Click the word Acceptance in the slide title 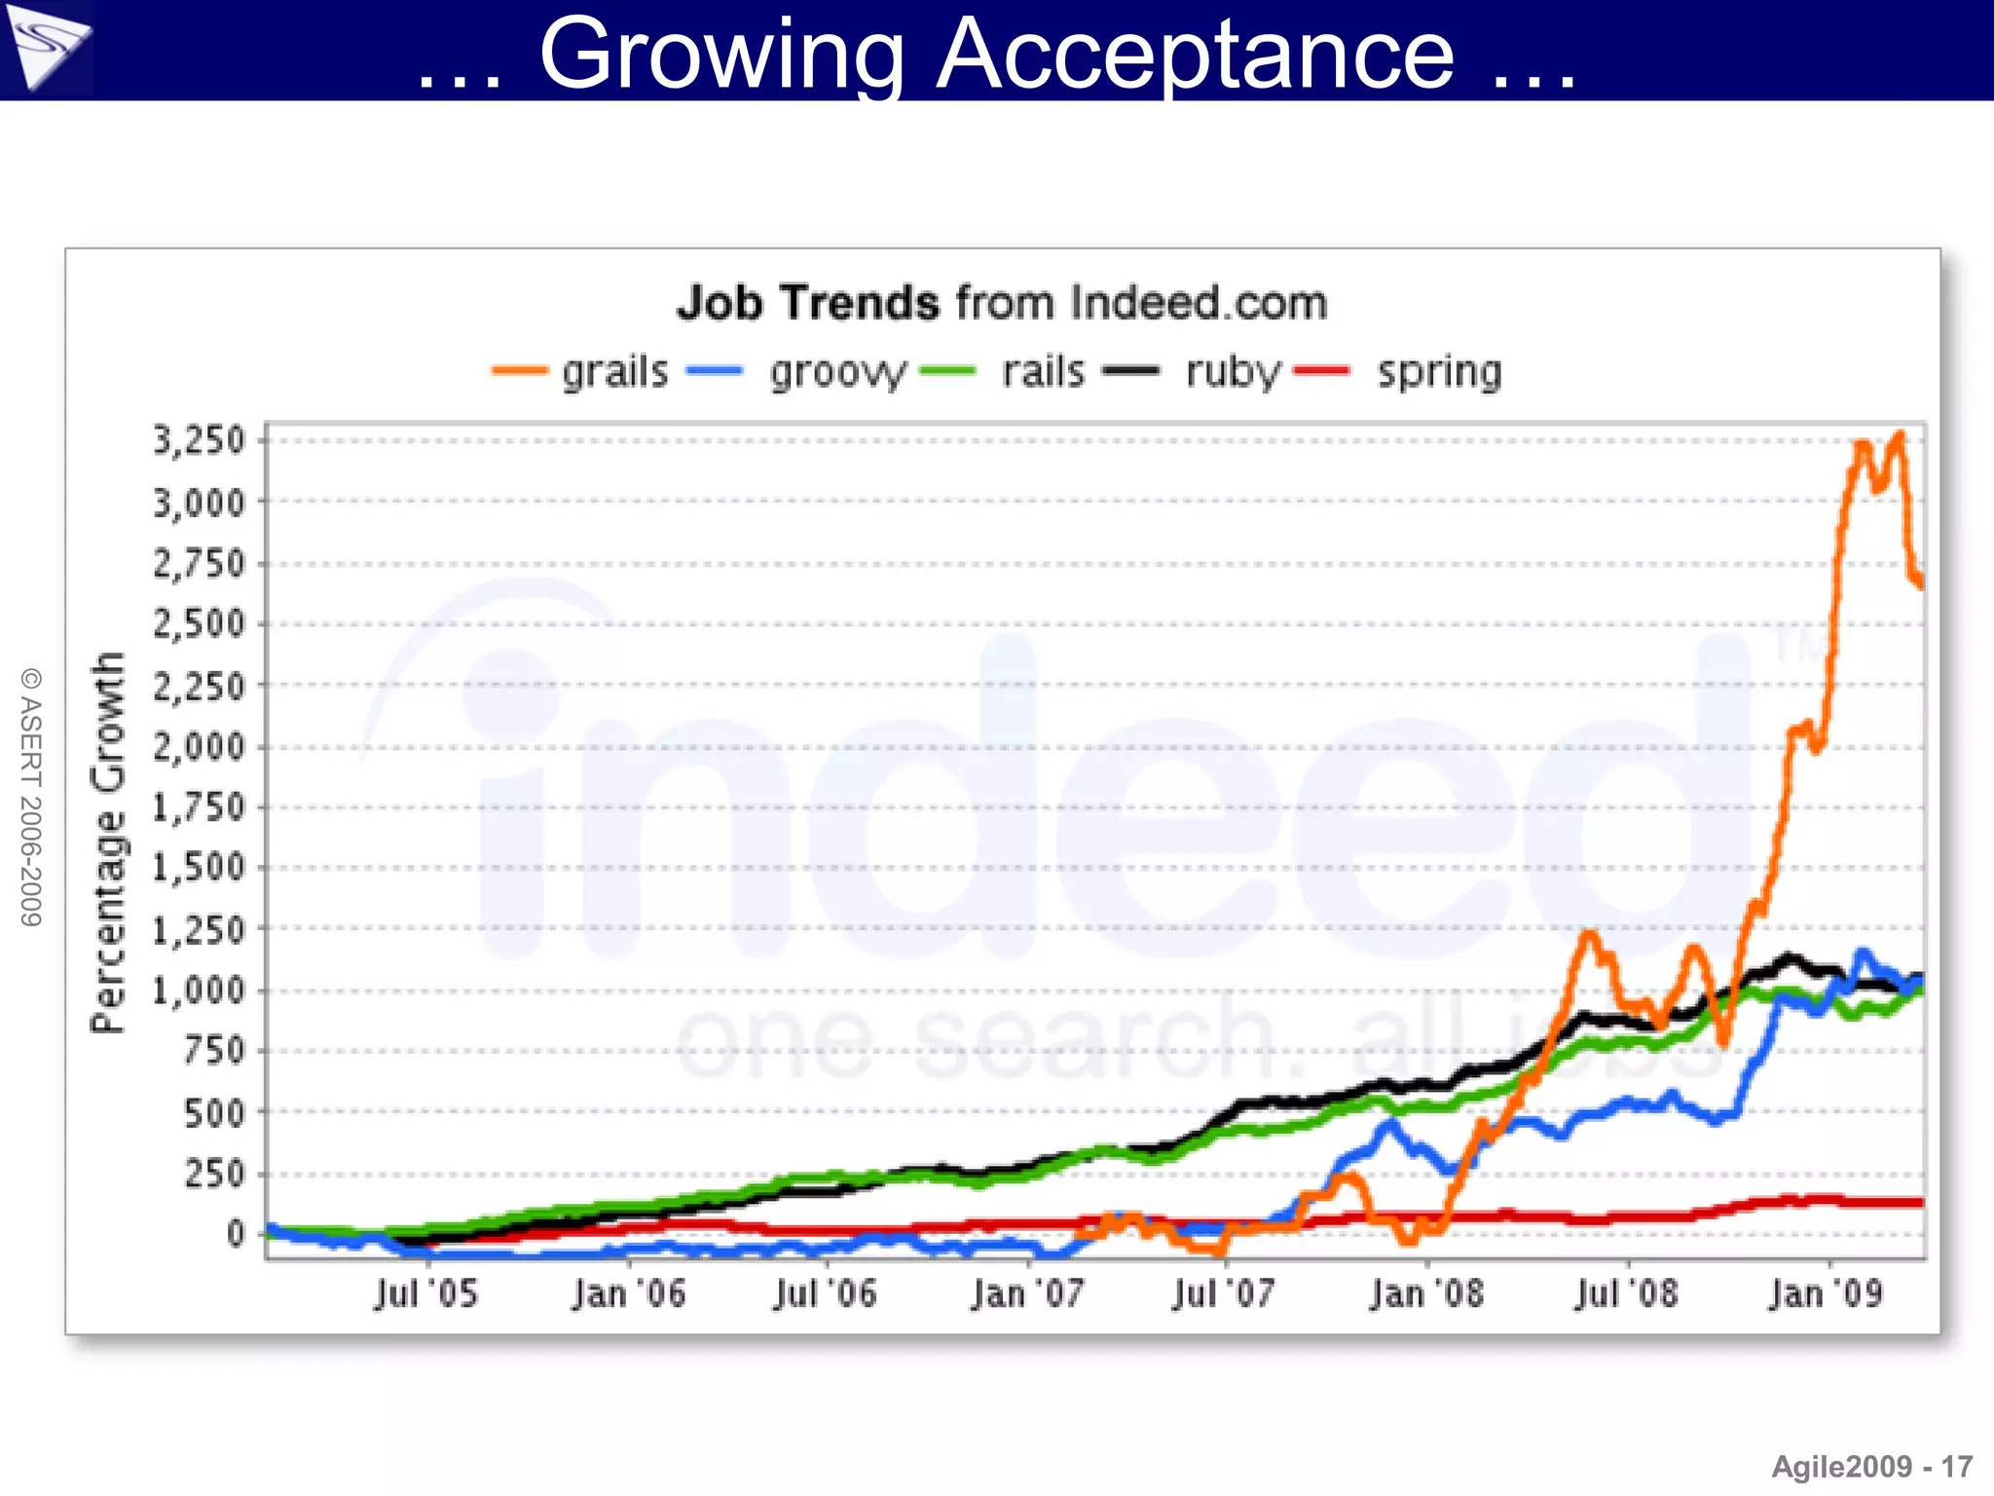pyautogui.click(x=1195, y=55)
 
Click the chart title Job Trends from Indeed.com pyautogui.click(x=1002, y=303)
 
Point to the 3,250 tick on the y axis pyautogui.click(x=200, y=440)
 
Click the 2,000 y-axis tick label pyautogui.click(x=200, y=747)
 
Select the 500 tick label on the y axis pyautogui.click(x=214, y=1112)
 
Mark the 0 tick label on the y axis pyautogui.click(x=236, y=1234)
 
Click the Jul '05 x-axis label pyautogui.click(x=426, y=1294)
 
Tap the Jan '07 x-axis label pyautogui.click(x=1027, y=1294)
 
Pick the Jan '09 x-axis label pyautogui.click(x=1827, y=1294)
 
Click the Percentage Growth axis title pyautogui.click(x=108, y=842)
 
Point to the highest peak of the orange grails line pyautogui.click(x=1899, y=434)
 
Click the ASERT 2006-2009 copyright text pyautogui.click(x=31, y=797)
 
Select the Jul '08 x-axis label pyautogui.click(x=1626, y=1294)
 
